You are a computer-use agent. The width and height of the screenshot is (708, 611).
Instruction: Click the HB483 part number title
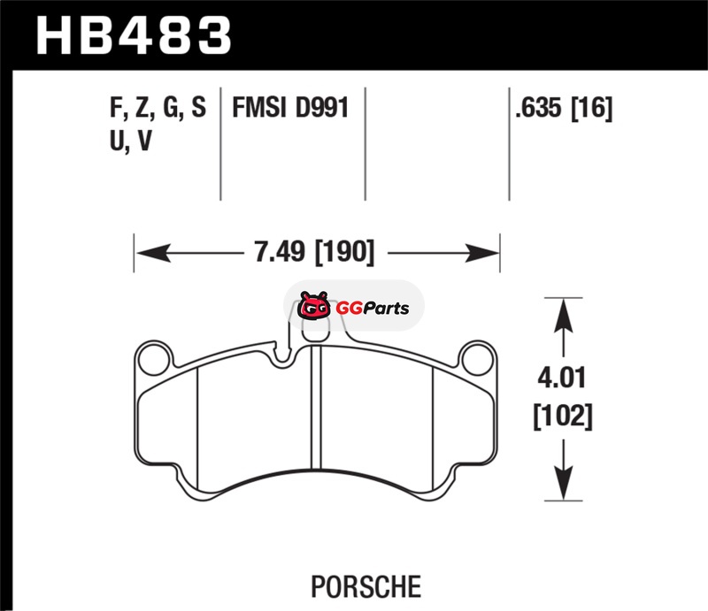pyautogui.click(x=134, y=36)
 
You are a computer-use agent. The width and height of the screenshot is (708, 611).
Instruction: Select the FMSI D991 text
pyautogui.click(x=290, y=108)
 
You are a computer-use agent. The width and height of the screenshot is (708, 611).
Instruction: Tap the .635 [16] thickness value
pyautogui.click(x=564, y=108)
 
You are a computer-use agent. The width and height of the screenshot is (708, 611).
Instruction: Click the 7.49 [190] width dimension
pyautogui.click(x=314, y=252)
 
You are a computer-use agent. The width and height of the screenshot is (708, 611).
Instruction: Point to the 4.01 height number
pyautogui.click(x=562, y=378)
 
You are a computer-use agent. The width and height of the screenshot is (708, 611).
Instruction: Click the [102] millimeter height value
pyautogui.click(x=563, y=416)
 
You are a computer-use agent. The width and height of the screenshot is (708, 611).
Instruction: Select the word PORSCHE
pyautogui.click(x=366, y=586)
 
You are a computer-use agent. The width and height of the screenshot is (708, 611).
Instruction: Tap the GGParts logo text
pyautogui.click(x=373, y=309)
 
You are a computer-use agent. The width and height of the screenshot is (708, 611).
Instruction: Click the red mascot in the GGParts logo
pyautogui.click(x=313, y=306)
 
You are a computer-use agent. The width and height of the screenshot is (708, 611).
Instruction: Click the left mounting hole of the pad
pyautogui.click(x=154, y=360)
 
